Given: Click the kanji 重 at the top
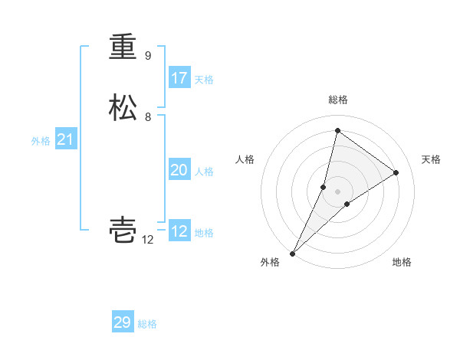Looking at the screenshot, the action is point(123,47).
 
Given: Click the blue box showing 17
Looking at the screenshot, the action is point(179,78).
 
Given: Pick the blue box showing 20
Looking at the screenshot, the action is point(179,170).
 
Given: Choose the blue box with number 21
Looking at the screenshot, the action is point(65,139).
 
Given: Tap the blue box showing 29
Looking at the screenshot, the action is point(123,322).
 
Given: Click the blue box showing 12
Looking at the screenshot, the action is point(179,231).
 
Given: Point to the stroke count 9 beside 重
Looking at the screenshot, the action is point(148,56).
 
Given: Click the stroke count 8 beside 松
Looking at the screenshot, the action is point(148,117).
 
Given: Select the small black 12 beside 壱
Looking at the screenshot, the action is point(148,240).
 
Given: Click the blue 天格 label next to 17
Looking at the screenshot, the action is point(204,80).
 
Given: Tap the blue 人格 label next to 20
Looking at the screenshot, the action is point(204,172).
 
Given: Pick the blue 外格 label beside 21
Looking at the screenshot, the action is point(41,141).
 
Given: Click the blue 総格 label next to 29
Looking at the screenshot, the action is point(147,324).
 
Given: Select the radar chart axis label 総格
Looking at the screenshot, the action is point(337,100).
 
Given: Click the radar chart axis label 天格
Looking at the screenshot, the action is point(431,159).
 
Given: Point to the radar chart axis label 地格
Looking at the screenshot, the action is point(402,262).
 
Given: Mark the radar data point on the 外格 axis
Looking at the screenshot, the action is point(293,253).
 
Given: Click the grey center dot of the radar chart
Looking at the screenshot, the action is point(337,191).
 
